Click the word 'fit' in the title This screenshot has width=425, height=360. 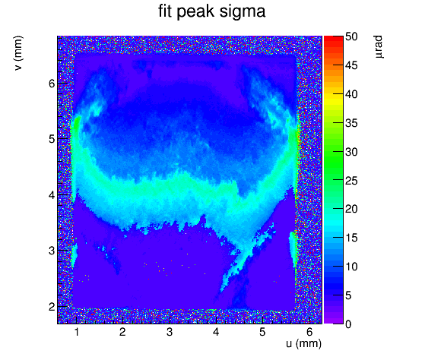point(165,11)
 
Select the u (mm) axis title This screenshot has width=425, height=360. point(303,343)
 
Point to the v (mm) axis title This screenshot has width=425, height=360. point(18,53)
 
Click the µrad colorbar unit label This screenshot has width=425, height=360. point(379,46)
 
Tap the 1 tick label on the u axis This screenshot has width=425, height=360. point(77,332)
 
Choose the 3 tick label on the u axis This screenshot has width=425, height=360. point(170,332)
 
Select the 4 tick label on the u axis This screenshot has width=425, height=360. point(216,332)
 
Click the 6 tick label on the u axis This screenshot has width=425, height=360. point(309,332)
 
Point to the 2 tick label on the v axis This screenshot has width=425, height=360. point(52,307)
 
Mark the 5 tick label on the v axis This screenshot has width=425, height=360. point(52,139)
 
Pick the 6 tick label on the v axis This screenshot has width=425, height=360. point(52,84)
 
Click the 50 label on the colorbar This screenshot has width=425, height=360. point(351,36)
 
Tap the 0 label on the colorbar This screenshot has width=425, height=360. point(348,324)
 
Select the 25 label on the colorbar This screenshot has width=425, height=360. point(351,181)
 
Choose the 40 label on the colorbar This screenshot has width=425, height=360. point(351,94)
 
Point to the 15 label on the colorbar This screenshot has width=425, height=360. point(351,238)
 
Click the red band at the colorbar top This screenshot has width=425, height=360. point(334,41)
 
